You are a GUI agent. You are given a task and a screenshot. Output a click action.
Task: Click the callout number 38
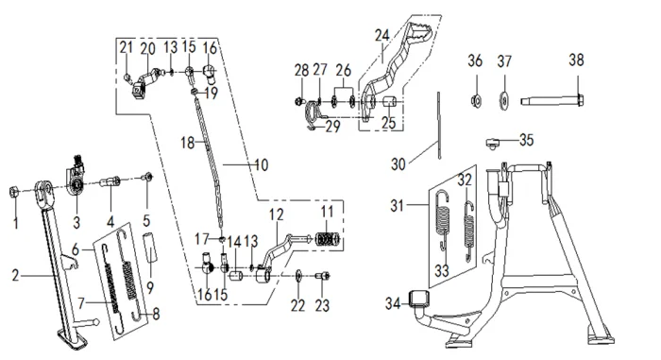click(x=576, y=60)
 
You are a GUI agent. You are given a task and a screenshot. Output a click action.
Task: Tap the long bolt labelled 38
click(x=552, y=100)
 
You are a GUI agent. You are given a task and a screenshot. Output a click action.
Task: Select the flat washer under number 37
click(x=503, y=100)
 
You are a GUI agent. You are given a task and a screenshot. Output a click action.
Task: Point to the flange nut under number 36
click(x=476, y=100)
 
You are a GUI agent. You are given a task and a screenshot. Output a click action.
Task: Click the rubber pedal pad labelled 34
click(x=419, y=299)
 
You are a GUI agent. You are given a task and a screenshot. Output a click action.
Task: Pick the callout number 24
click(x=381, y=36)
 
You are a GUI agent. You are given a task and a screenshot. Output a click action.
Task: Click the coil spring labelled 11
click(x=328, y=241)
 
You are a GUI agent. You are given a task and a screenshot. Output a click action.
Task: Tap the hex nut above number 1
click(x=13, y=193)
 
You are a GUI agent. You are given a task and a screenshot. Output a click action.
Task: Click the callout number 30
click(x=398, y=163)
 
